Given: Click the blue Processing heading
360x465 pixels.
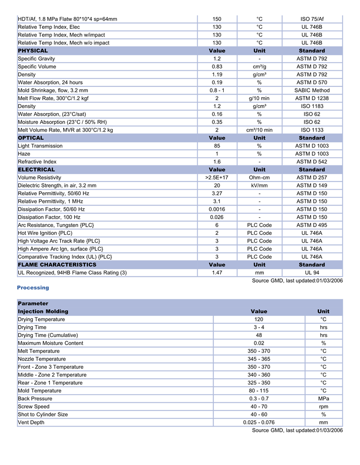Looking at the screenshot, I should (x=33, y=288).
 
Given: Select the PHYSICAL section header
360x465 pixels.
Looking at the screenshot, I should (x=33, y=51).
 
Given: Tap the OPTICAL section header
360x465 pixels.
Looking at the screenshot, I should (x=31, y=138).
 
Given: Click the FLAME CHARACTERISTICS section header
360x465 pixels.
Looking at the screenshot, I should (x=57, y=265).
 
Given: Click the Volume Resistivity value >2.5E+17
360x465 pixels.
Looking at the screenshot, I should (x=217, y=177).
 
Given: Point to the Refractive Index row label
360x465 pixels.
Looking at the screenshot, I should (x=37, y=161).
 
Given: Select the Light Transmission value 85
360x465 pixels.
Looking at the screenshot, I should (x=217, y=146).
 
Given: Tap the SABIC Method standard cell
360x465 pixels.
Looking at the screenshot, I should (x=312, y=90).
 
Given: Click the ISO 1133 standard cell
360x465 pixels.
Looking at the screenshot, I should (x=312, y=130).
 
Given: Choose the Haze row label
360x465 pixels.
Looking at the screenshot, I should (x=24, y=154).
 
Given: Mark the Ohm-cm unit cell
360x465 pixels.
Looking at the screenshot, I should (x=259, y=177).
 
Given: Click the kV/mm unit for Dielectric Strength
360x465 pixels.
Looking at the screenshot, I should (x=259, y=185).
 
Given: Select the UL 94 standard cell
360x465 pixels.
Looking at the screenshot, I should (x=312, y=272).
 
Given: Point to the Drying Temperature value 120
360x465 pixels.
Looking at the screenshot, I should (x=259, y=319).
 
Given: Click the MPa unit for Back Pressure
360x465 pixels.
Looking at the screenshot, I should (x=323, y=398).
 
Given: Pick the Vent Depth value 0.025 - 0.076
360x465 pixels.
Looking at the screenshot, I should (x=259, y=422).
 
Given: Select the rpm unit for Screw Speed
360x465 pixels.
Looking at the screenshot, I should (x=323, y=406).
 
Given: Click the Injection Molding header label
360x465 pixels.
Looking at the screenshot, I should (x=43, y=311).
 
